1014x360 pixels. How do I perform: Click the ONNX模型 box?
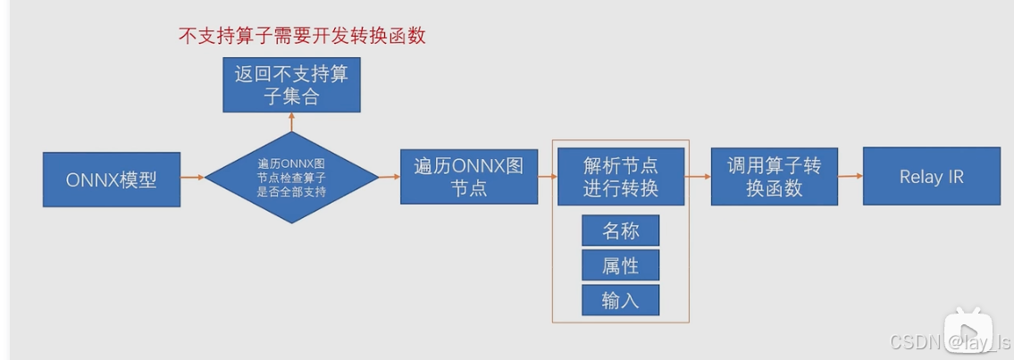click(x=112, y=179)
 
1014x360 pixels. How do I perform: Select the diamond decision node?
click(x=291, y=178)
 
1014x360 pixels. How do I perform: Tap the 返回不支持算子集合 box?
click(x=291, y=86)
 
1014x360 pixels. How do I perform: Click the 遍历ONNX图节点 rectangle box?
click(x=469, y=177)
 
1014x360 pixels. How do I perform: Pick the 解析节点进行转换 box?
click(x=621, y=177)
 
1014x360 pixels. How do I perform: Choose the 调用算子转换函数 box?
click(x=774, y=177)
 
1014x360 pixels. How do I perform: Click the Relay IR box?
click(x=931, y=177)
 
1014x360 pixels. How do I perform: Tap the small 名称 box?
click(x=621, y=230)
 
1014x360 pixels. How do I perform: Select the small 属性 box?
click(x=621, y=265)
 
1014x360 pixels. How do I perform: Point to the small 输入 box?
click(x=621, y=300)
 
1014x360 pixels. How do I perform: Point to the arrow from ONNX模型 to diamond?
click(x=192, y=178)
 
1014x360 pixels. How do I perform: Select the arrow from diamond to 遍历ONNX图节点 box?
click(x=390, y=177)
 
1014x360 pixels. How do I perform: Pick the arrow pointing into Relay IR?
click(x=851, y=176)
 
